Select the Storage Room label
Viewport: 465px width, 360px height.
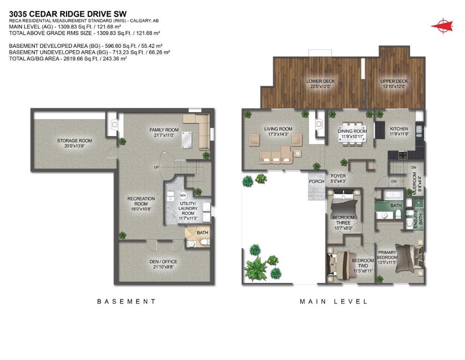74,141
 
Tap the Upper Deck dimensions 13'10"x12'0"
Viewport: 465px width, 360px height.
394,87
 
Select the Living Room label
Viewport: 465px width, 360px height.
278,129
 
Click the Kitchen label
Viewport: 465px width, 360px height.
399,129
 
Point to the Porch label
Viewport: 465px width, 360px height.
317,181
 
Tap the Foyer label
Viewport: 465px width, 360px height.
338,176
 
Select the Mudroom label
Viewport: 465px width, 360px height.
420,180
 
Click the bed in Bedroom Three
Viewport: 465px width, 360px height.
344,204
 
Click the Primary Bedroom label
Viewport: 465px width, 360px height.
388,255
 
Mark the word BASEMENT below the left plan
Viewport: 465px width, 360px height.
126,301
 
